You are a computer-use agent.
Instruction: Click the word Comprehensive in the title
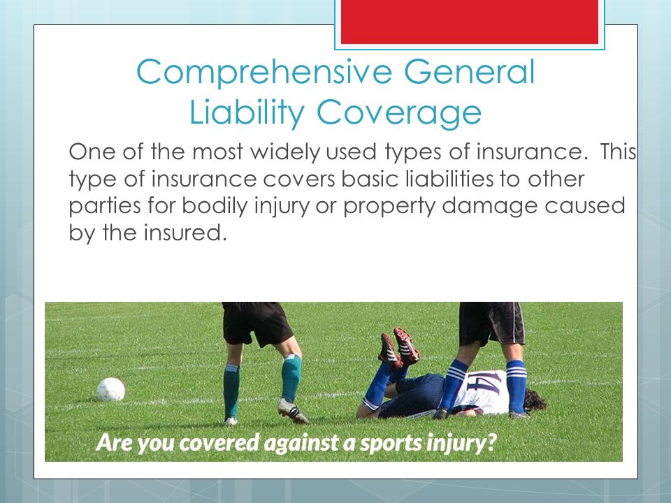pos(264,73)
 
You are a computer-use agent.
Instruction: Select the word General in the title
pos(470,71)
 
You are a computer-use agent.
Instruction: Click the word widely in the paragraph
pos(284,152)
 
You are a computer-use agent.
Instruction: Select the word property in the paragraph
pos(389,207)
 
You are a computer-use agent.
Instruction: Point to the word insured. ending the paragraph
pos(185,233)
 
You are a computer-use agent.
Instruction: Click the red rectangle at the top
pos(470,22)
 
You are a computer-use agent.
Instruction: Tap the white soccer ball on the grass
pos(111,389)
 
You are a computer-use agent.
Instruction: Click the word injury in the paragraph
pos(282,205)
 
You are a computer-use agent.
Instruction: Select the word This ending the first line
pos(618,152)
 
